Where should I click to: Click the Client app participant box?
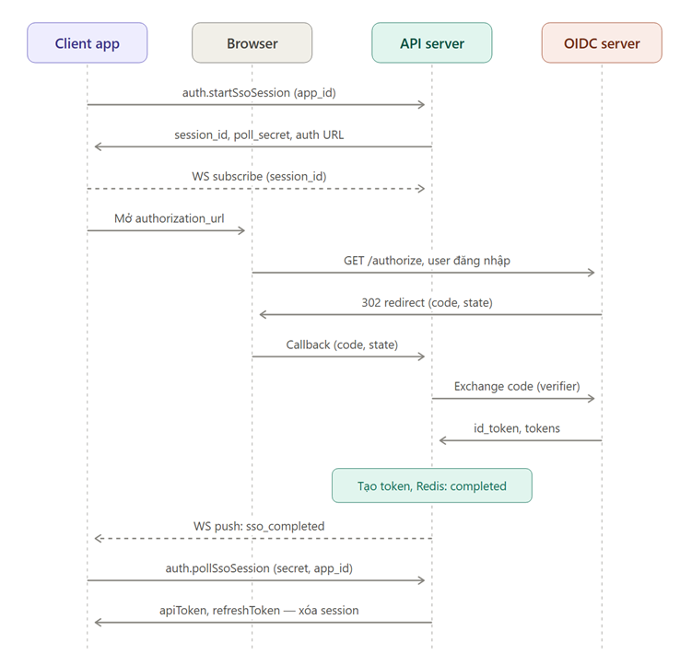(x=88, y=43)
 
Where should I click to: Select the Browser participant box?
(x=252, y=43)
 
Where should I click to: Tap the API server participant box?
(x=432, y=43)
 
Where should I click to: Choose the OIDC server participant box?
(x=602, y=43)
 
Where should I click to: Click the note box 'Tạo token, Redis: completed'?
(x=432, y=485)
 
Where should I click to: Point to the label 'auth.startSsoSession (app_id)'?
(x=259, y=93)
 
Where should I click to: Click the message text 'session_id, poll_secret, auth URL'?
(x=259, y=134)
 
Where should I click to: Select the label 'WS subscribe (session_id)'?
(x=259, y=177)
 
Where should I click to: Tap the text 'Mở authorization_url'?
(x=170, y=218)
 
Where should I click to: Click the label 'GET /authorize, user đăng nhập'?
(x=427, y=261)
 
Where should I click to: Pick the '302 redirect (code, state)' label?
(x=427, y=303)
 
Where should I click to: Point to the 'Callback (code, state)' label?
(x=342, y=345)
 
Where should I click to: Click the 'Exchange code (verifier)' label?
(x=517, y=386)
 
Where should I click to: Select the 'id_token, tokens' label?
(x=517, y=428)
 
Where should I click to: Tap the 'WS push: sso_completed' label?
(x=259, y=526)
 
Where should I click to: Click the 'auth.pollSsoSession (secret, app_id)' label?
(x=259, y=568)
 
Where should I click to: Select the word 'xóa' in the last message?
(x=308, y=611)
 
